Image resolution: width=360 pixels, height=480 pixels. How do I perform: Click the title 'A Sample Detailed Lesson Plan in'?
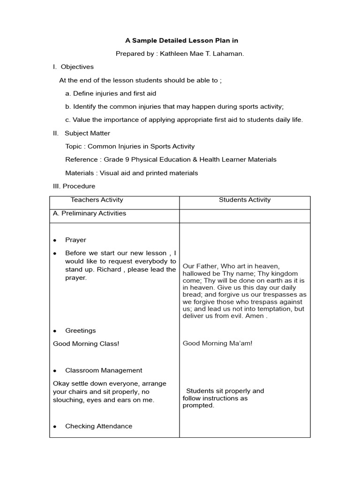(180, 41)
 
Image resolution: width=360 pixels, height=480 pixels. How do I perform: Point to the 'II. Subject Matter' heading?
(82, 133)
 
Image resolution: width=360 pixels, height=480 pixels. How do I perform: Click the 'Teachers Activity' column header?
(97, 200)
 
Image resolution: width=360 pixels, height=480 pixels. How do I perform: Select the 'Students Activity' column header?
(245, 200)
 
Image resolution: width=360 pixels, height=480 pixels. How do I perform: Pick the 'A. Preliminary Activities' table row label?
(90, 213)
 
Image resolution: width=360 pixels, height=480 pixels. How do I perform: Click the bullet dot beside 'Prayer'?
(55, 240)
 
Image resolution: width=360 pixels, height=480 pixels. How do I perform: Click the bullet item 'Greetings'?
(80, 330)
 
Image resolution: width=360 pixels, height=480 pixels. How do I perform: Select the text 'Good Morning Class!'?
(86, 344)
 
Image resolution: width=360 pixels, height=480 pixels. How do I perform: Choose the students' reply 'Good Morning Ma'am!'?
(217, 343)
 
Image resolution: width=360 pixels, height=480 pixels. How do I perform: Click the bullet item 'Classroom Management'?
(104, 370)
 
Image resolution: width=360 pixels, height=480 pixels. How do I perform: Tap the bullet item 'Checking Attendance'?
(98, 426)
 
